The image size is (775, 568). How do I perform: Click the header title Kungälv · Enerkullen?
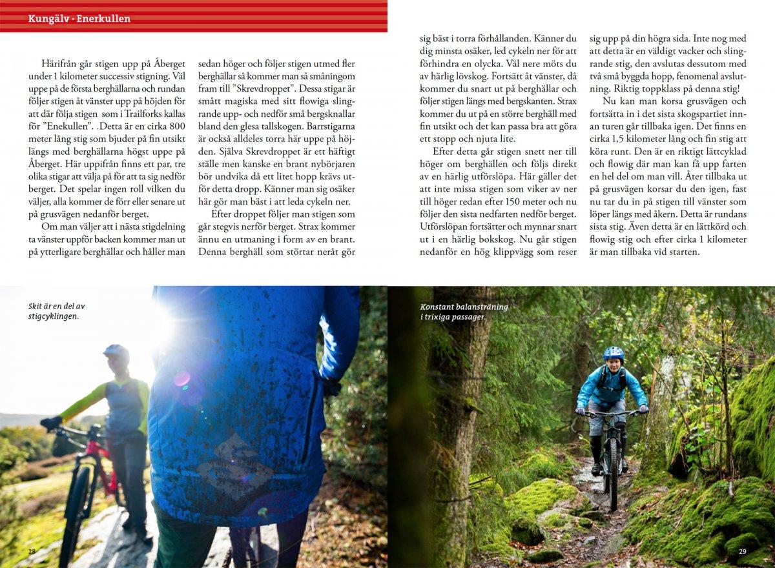point(79,19)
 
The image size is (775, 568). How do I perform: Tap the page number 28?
point(32,551)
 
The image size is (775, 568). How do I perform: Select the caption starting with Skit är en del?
point(57,311)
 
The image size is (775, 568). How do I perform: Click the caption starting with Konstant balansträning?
point(464,312)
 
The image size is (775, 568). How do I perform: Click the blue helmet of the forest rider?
point(614,353)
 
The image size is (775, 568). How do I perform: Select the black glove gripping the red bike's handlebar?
point(50,423)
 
